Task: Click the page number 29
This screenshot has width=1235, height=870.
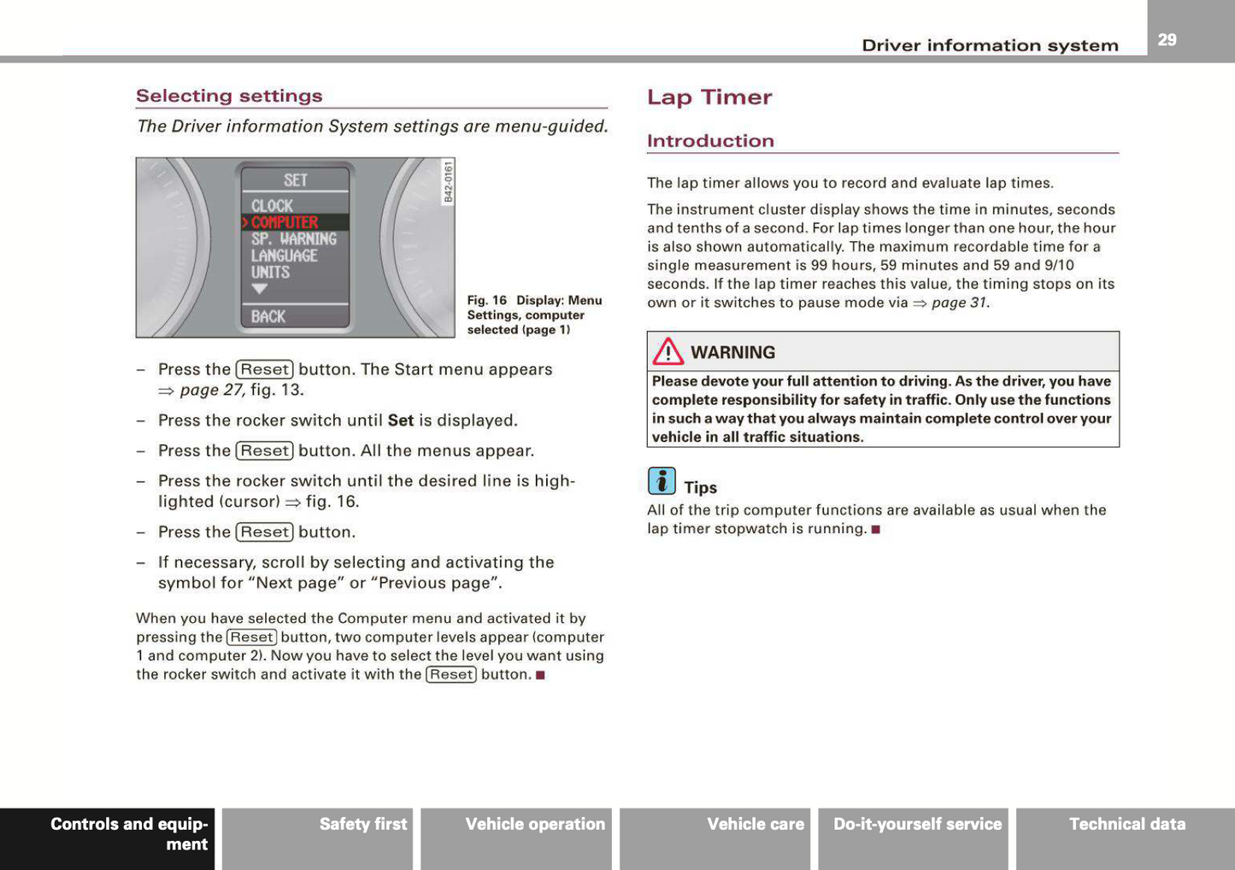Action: tap(1167, 39)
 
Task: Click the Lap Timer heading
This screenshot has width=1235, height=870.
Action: tap(709, 97)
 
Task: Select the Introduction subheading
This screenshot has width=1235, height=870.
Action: tap(710, 141)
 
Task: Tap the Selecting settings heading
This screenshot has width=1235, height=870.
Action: tap(229, 96)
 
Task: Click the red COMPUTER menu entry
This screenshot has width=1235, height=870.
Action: tap(285, 222)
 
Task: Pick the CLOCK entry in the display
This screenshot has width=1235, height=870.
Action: tap(272, 206)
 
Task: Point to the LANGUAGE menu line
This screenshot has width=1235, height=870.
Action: tap(284, 256)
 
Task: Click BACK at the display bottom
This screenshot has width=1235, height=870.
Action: tap(268, 316)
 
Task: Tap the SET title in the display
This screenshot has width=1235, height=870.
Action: tap(295, 180)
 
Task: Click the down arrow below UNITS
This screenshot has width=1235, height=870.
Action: tap(260, 290)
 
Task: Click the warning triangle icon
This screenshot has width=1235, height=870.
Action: tap(667, 351)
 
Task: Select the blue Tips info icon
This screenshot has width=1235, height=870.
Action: tap(662, 481)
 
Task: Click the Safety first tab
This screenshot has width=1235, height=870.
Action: tap(362, 824)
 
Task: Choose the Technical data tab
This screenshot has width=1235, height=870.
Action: tap(1126, 824)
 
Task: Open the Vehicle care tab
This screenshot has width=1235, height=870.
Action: tap(755, 824)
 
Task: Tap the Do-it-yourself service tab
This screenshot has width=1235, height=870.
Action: tap(917, 824)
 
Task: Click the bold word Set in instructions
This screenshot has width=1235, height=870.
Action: tap(400, 420)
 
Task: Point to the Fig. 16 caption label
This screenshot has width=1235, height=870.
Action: tap(486, 301)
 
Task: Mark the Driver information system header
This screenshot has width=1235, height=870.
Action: tap(989, 45)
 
